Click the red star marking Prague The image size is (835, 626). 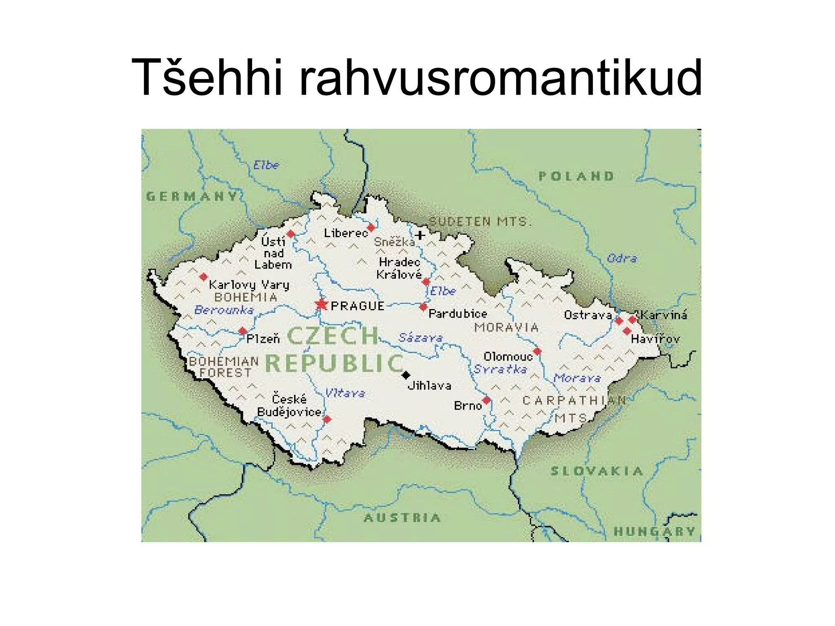coord(321,304)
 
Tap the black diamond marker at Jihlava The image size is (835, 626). coord(406,375)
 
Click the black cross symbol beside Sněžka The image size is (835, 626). coord(420,235)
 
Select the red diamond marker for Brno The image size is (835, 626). coord(486,400)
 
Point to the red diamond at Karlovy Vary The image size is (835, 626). coord(203,277)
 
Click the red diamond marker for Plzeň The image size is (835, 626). coord(243,331)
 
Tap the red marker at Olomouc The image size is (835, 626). coord(537,351)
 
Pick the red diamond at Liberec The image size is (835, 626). coord(371,227)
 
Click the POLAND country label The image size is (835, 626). coord(576,176)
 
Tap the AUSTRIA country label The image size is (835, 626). coord(402,518)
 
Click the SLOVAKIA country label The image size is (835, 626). coord(597,472)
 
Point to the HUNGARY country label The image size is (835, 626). coord(655,531)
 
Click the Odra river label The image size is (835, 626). coord(622,258)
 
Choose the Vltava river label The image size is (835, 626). coord(345,393)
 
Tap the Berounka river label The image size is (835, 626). coord(224,310)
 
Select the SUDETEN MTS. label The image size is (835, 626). coord(480,222)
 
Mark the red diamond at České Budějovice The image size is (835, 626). coord(327,419)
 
